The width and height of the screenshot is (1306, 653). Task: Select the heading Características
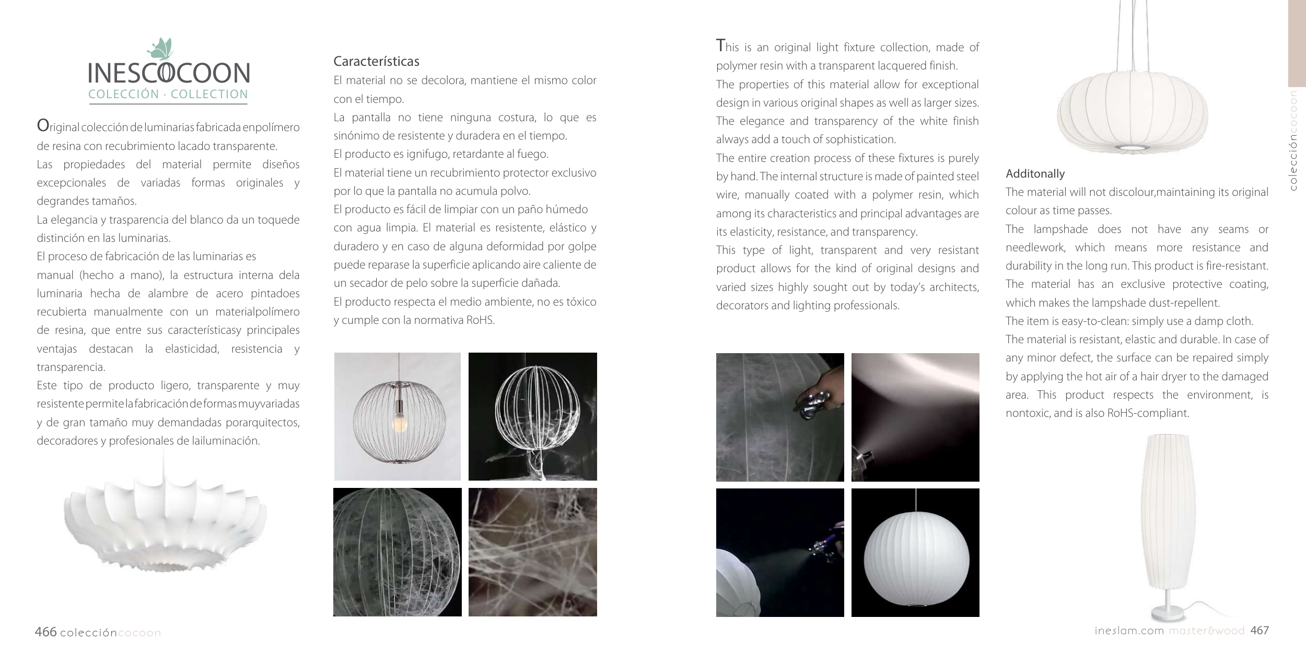pos(377,61)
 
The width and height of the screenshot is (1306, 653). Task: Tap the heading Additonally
pos(1035,174)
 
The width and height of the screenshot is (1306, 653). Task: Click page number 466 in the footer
pos(45,632)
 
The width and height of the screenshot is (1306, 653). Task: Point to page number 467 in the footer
pos(1260,631)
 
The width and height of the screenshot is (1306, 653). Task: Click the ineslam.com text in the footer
pos(1129,631)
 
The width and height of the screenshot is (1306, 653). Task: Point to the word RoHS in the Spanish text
pos(480,320)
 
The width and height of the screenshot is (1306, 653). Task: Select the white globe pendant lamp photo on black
pos(915,553)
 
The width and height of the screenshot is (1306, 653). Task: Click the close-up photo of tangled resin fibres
pos(533,552)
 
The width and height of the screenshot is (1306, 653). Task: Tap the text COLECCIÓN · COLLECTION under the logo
pos(168,95)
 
